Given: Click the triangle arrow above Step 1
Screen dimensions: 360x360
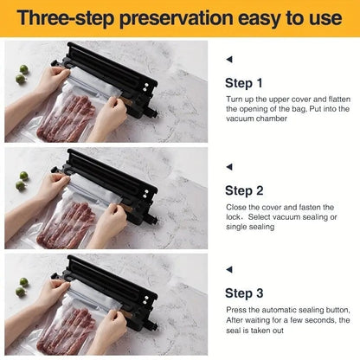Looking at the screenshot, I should (x=228, y=59).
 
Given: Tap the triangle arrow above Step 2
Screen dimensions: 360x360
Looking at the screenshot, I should (x=228, y=165).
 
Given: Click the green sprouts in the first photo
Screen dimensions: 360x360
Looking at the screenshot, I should (x=21, y=74).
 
